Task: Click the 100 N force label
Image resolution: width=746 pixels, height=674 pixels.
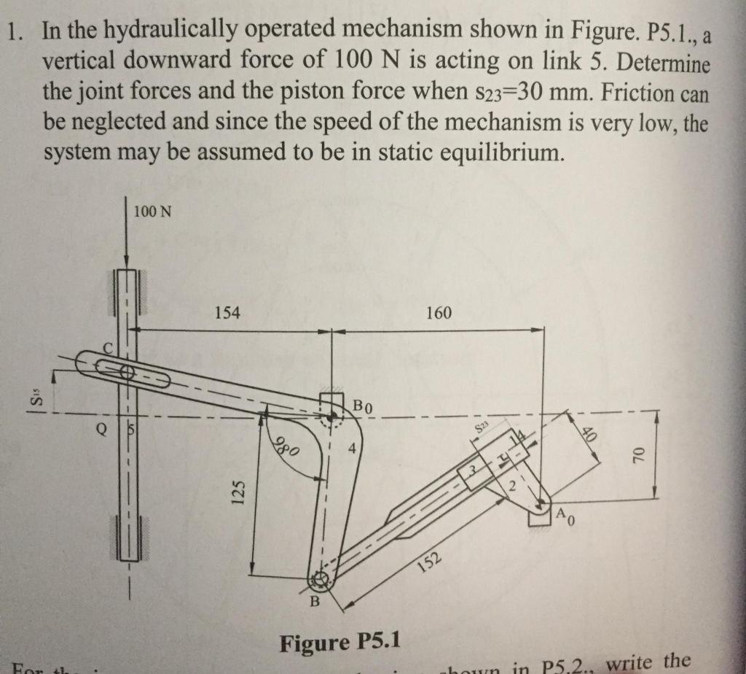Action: point(153,212)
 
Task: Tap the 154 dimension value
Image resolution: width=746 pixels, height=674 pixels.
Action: point(227,313)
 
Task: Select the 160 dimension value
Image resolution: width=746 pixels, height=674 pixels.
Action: point(439,314)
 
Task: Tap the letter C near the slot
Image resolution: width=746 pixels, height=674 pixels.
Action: point(106,349)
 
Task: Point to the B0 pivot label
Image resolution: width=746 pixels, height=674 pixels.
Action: point(364,406)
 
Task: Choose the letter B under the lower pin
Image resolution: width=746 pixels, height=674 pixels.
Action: point(315,602)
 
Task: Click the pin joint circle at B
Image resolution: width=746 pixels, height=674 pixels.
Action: point(318,581)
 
